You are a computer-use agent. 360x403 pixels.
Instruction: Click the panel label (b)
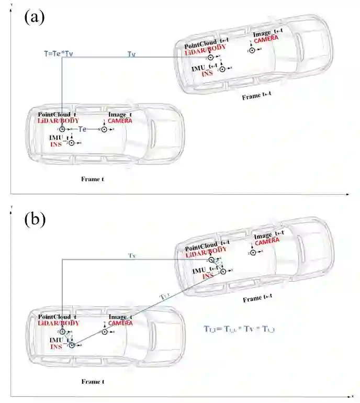click(35, 219)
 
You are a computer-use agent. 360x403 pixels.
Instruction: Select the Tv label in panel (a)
click(132, 53)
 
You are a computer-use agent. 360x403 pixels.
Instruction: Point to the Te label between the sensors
click(82, 129)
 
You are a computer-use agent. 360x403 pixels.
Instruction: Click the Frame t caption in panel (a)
click(92, 179)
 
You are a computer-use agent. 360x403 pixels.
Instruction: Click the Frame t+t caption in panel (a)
click(257, 97)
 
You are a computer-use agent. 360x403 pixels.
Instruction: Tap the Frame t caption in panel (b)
click(92, 382)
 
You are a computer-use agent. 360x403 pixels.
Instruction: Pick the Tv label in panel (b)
click(132, 256)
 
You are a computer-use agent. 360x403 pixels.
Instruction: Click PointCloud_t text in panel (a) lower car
click(58, 114)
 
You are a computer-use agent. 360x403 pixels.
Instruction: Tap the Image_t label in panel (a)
click(120, 115)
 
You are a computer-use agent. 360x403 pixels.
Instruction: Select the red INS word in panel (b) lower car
click(56, 346)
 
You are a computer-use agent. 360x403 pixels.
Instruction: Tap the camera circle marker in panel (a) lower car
click(104, 129)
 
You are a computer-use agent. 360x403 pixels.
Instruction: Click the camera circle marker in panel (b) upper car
click(253, 253)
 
